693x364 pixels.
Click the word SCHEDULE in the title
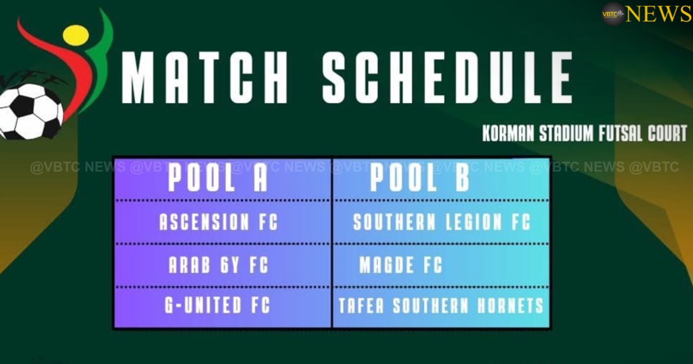point(448,77)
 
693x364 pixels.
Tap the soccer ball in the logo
point(30,111)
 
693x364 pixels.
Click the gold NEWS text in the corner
point(658,13)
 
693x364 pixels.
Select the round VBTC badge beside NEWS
point(613,13)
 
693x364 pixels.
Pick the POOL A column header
point(218,179)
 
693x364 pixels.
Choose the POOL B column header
point(420,179)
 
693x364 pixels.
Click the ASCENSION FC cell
point(219,222)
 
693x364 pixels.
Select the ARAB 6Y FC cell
point(219,265)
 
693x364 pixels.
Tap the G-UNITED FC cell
point(218,306)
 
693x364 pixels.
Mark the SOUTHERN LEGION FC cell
point(441,222)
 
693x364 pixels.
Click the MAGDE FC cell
point(401,265)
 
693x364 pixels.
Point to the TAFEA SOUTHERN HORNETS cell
point(441,306)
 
